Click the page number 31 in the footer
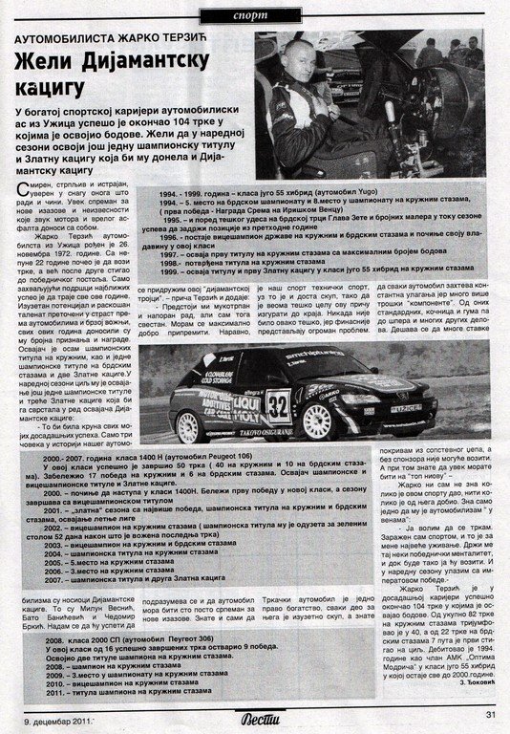pyautogui.click(x=491, y=712)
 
